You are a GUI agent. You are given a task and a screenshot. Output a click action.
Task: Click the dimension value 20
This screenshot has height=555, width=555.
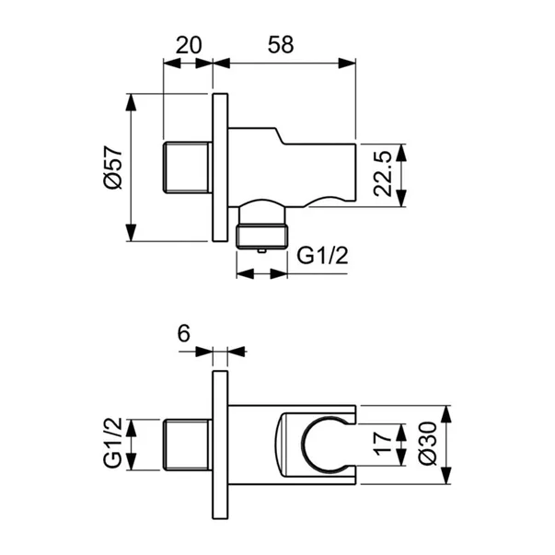coord(188,42)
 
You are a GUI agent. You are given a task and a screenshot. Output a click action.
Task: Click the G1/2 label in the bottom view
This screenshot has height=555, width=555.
coord(112,443)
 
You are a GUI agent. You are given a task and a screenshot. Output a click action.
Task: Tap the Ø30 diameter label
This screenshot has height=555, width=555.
coord(424,443)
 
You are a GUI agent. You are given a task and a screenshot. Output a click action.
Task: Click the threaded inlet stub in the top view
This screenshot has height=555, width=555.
coord(188,168)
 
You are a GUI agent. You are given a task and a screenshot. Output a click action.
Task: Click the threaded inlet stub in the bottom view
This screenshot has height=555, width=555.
coord(188,443)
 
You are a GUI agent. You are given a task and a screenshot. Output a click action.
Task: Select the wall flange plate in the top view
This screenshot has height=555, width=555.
coord(220,168)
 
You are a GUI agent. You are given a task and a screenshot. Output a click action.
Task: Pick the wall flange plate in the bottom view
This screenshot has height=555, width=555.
coord(220,443)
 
